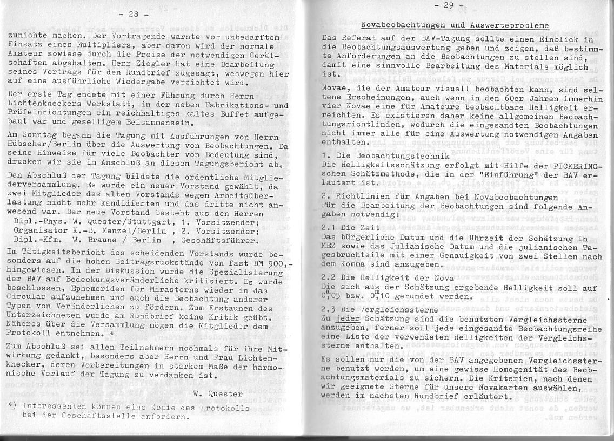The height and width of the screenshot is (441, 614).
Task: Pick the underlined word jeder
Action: (x=348, y=319)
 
